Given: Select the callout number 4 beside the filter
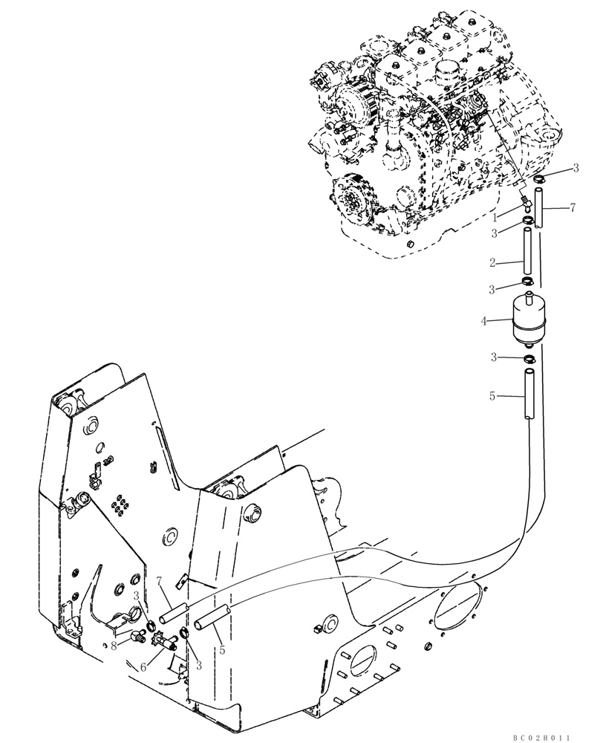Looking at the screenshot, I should pos(483,322).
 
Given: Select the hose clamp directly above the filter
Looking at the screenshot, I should pos(527,282).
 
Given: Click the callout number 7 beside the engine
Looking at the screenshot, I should pos(573,207).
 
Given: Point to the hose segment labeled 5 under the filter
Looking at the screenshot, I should pos(528,398).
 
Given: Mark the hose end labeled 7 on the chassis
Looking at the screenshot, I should pos(172,614).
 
